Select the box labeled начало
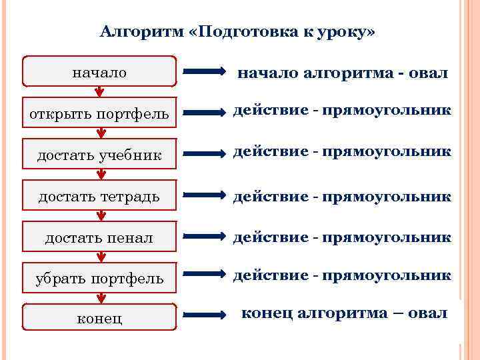tap(99, 72)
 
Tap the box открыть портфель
tap(99, 115)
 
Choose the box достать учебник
tap(99, 155)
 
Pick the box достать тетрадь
tap(99, 196)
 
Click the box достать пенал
tap(99, 237)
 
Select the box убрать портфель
tap(99, 279)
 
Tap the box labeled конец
tap(99, 317)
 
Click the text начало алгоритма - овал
tap(343, 73)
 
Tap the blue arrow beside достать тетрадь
tap(206, 195)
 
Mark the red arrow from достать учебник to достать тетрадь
tap(100, 175)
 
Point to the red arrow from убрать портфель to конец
tap(100, 297)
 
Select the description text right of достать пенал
tap(342, 237)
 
